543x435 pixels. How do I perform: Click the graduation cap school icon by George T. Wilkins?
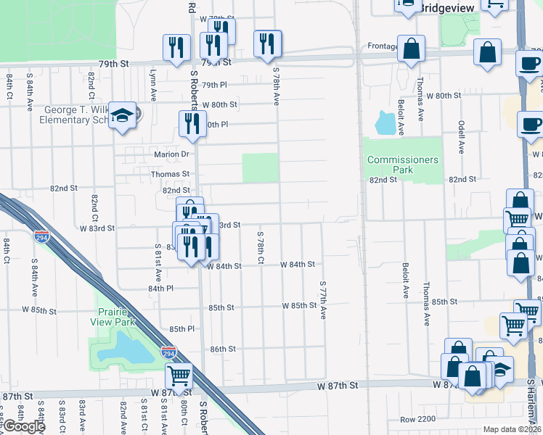pos(123,115)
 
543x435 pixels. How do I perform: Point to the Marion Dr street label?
pos(171,154)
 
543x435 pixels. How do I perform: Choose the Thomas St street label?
pos(170,174)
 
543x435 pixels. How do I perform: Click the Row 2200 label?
pos(417,420)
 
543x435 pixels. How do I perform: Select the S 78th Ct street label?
pos(260,247)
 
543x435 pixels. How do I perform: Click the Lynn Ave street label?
pos(153,85)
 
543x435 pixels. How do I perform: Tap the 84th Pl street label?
pos(160,288)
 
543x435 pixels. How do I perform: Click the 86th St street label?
pos(223,349)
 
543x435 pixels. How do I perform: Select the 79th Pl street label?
pos(214,85)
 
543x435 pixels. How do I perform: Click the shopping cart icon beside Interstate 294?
pos(179,376)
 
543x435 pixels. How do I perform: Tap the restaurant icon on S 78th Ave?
pos(268,43)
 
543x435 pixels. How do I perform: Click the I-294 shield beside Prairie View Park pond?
pos(168,353)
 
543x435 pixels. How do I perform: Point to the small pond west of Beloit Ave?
pos(388,123)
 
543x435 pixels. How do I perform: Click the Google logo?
pos(23,426)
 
